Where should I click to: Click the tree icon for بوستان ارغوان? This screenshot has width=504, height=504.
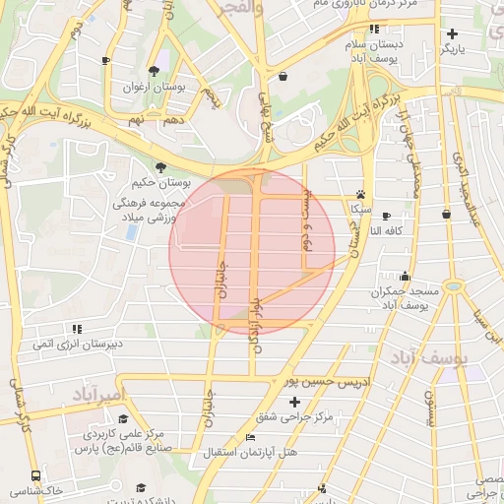pyautogui.click(x=154, y=71)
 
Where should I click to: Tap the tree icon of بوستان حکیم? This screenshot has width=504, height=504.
pyautogui.click(x=160, y=167)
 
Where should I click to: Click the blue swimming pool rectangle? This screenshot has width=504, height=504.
pyautogui.click(x=131, y=233)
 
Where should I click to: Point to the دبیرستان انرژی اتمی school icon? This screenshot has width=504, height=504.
pyautogui.click(x=76, y=329)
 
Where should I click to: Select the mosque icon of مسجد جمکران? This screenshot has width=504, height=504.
pyautogui.click(x=405, y=276)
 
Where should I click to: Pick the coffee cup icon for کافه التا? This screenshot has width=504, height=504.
pyautogui.click(x=386, y=216)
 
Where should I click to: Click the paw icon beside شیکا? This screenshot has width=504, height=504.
pyautogui.click(x=360, y=195)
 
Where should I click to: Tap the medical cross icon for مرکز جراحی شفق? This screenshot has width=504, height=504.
pyautogui.click(x=293, y=402)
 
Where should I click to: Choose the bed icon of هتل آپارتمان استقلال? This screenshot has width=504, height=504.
pyautogui.click(x=249, y=438)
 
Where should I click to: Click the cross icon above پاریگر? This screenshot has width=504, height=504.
pyautogui.click(x=451, y=33)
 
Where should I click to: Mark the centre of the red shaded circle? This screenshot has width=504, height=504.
pyautogui.click(x=252, y=251)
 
